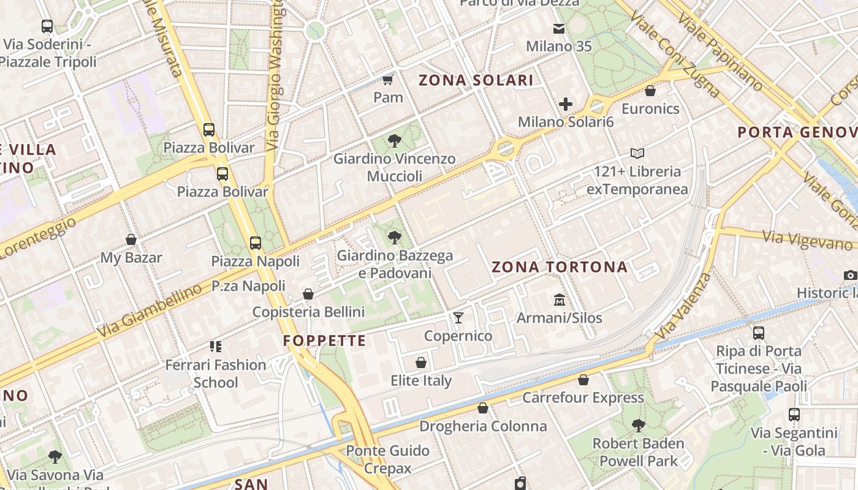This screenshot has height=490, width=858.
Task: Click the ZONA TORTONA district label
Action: [x=560, y=267]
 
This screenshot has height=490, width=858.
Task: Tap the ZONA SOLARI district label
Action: [x=476, y=80]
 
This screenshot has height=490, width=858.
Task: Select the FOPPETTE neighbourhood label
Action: [x=325, y=341]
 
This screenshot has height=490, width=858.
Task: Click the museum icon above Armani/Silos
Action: [x=559, y=300]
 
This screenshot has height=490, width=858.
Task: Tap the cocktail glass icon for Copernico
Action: [x=458, y=317]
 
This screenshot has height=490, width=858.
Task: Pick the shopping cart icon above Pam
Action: [x=387, y=80]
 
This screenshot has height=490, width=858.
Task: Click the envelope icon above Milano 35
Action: [x=559, y=28]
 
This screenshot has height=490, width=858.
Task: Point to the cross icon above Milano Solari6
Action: [x=565, y=104]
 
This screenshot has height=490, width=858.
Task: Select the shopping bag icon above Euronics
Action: [x=650, y=91]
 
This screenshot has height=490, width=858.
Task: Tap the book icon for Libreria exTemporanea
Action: [x=637, y=153]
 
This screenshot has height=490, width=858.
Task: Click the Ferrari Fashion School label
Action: [x=216, y=374]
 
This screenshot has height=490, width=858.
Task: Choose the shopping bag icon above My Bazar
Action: [x=131, y=239]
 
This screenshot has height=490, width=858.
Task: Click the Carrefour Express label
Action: [x=583, y=398]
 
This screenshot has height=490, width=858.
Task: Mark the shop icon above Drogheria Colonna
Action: [x=483, y=408]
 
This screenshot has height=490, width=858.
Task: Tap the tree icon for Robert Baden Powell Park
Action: [x=638, y=425]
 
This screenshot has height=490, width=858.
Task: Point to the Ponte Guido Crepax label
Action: [x=387, y=459]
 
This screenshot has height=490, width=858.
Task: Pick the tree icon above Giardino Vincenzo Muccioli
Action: [x=395, y=141]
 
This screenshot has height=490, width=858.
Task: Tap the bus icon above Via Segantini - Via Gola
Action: [x=794, y=415]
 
